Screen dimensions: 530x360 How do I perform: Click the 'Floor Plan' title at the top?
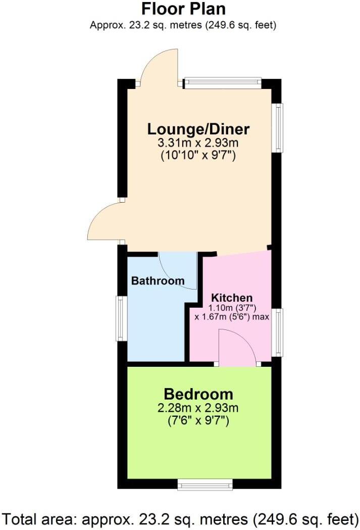pyautogui.click(x=183, y=9)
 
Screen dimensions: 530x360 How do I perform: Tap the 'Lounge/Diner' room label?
pyautogui.click(x=198, y=129)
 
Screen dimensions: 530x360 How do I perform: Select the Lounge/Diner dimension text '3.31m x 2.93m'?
pyautogui.click(x=198, y=143)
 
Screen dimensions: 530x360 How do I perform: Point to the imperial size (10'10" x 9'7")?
pyautogui.click(x=198, y=156)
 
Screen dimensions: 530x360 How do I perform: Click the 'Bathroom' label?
pyautogui.click(x=158, y=281)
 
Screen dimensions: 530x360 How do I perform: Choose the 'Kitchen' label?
pyautogui.click(x=232, y=298)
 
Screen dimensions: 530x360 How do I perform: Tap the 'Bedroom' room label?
pyautogui.click(x=198, y=394)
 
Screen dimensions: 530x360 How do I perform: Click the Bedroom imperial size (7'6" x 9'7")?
pyautogui.click(x=198, y=420)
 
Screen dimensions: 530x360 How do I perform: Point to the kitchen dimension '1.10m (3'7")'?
pyautogui.click(x=232, y=307)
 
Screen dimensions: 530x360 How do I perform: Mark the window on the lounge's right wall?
pyautogui.click(x=278, y=127)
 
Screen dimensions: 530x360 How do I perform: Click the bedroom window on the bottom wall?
pyautogui.click(x=205, y=486)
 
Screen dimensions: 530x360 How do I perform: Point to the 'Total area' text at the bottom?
pyautogui.click(x=180, y=518)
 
